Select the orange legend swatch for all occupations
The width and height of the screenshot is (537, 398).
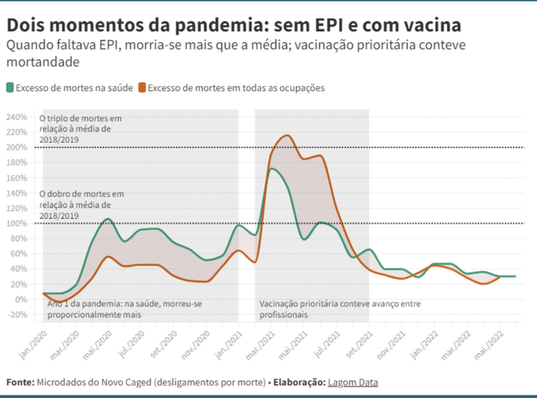pos(142,87)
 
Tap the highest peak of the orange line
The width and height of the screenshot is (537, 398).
pos(288,135)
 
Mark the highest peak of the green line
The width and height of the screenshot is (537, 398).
pos(272,168)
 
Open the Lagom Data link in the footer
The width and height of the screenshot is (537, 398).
pos(351,382)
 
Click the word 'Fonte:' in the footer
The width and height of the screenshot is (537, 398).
pos(20,382)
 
